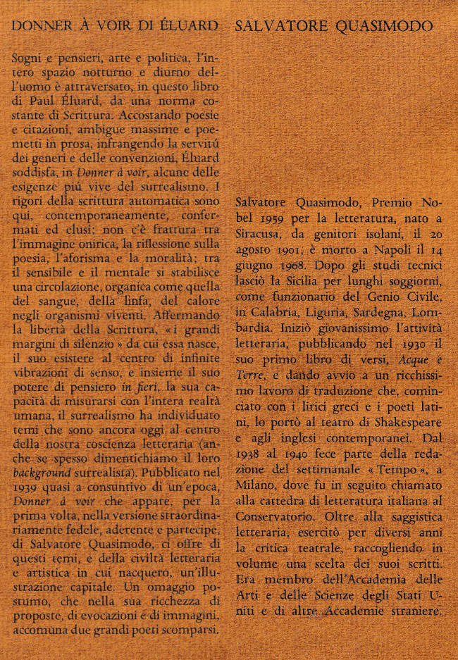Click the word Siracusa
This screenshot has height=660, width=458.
pos(259,232)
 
